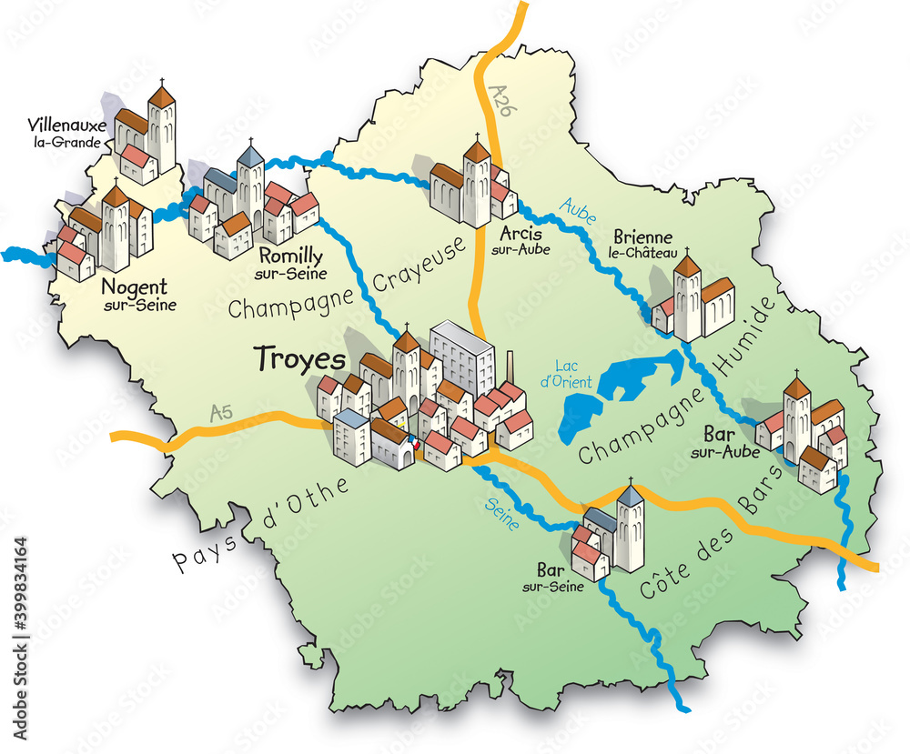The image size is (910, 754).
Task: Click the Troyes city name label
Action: coord(300,358)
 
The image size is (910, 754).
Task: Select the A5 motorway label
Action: coord(221,413)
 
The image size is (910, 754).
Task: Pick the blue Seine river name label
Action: coord(502,512)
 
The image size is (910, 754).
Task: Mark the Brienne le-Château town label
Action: coord(644,243)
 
